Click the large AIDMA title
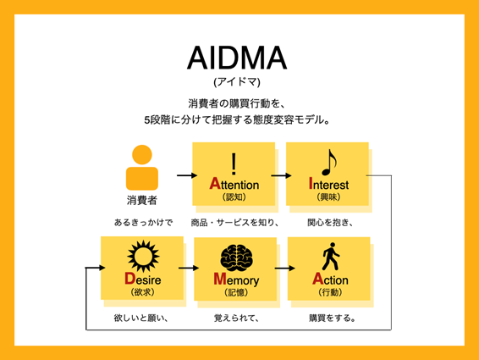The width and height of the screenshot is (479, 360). (x=237, y=58)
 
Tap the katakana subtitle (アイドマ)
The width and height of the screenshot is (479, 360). (x=237, y=82)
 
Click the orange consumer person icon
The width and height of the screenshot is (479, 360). (x=142, y=168)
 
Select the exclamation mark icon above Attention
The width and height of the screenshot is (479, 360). (x=234, y=163)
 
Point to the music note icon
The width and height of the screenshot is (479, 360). (x=328, y=163)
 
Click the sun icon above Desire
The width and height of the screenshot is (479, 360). (x=143, y=256)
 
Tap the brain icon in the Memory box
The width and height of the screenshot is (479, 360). (x=236, y=258)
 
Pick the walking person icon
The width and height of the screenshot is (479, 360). (x=331, y=257)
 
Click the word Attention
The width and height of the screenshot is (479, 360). (x=234, y=184)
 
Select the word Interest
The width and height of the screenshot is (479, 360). (x=328, y=184)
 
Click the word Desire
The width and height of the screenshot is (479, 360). (x=143, y=279)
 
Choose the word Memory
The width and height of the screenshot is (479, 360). (x=236, y=280)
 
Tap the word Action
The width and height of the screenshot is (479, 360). (x=330, y=280)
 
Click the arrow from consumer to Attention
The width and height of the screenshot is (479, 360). (x=187, y=175)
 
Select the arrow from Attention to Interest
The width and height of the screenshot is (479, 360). (x=281, y=175)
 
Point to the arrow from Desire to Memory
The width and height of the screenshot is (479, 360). (x=189, y=269)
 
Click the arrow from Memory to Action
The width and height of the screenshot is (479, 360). (x=284, y=269)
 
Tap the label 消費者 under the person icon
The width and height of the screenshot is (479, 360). (x=141, y=201)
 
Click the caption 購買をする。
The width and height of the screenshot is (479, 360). (x=333, y=318)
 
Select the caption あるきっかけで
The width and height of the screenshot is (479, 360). (x=143, y=223)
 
